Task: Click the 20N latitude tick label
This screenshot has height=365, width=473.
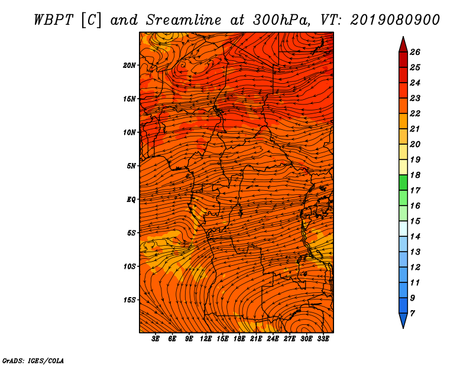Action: [x=129, y=66]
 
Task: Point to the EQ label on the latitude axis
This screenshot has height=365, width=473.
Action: [x=131, y=200]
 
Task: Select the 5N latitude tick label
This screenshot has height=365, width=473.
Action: [x=131, y=166]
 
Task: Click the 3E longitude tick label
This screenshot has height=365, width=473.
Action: [x=155, y=339]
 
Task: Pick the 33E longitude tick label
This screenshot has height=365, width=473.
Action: [x=323, y=339]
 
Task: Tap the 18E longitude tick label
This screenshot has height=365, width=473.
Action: [x=239, y=339]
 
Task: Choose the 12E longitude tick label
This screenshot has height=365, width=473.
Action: [x=205, y=339]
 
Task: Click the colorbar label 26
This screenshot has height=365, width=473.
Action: [x=415, y=52]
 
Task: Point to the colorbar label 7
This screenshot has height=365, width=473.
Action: [x=412, y=314]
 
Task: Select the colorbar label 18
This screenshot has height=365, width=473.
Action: [x=415, y=175]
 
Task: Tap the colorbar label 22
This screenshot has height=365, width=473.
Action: [x=415, y=113]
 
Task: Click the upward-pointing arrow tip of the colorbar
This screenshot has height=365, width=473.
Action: [x=403, y=37]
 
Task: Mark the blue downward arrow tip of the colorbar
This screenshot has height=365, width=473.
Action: [x=403, y=328]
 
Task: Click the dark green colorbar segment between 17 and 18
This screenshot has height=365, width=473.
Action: [x=403, y=182]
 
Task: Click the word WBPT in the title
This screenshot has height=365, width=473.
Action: [x=53, y=20]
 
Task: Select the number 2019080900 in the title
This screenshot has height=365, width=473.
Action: [x=395, y=20]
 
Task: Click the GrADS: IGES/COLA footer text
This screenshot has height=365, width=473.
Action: [x=33, y=361]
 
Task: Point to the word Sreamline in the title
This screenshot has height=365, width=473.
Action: [x=184, y=20]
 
